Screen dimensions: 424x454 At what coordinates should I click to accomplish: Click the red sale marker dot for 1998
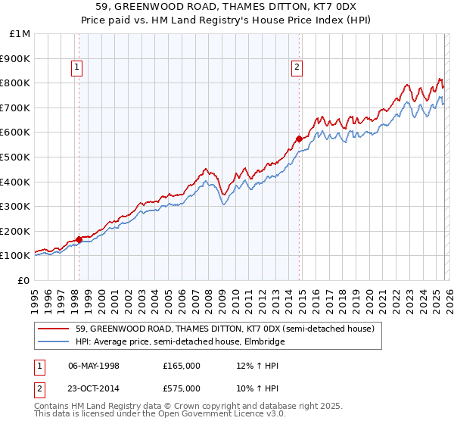pos(79,239)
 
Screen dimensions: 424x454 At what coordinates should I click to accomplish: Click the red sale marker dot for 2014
pos(299,139)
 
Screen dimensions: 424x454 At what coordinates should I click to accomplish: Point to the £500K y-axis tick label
pos(15,157)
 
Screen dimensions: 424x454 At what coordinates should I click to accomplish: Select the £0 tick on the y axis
pos(23,280)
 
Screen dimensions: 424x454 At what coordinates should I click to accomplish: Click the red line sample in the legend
pos(54,329)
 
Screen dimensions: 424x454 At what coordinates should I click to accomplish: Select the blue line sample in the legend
pos(54,341)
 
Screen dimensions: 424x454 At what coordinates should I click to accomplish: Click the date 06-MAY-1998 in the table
pos(94,365)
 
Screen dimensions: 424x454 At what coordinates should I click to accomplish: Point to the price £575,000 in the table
pos(182,388)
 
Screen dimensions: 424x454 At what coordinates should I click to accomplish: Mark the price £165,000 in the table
pos(182,365)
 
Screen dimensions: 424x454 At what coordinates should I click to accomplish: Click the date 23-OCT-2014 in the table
pos(94,388)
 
